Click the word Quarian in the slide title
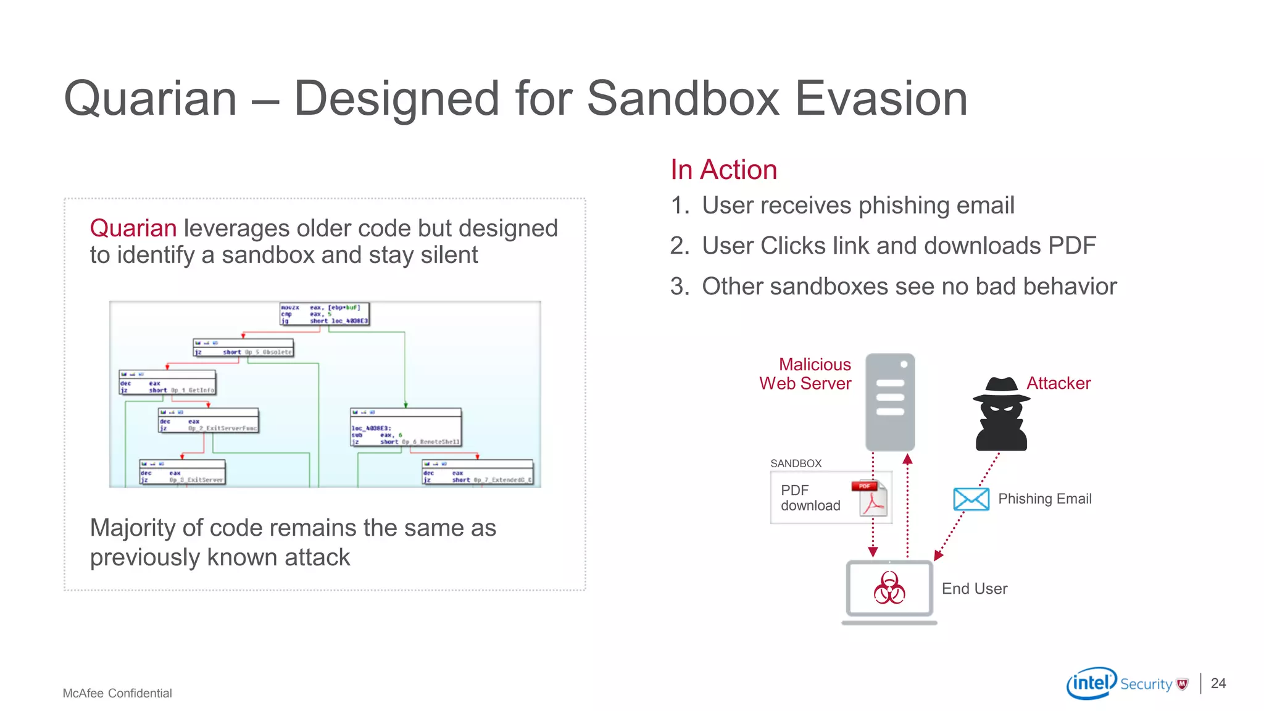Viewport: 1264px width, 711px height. tap(151, 99)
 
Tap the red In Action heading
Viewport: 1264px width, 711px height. tap(723, 170)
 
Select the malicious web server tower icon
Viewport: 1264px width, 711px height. tap(889, 402)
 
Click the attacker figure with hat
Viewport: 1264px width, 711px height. tap(1000, 414)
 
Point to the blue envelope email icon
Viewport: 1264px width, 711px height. tap(971, 499)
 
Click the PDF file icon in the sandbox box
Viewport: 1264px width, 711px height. tap(871, 498)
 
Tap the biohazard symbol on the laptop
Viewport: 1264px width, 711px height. tap(889, 588)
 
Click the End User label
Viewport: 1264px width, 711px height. tap(974, 589)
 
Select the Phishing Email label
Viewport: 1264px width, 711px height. tap(1044, 499)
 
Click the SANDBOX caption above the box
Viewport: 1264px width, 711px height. tap(796, 464)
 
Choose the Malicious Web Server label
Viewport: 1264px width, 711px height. tap(805, 374)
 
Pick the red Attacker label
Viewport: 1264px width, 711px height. tap(1058, 383)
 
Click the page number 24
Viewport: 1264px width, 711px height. tap(1218, 683)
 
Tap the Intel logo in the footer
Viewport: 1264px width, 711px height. tap(1091, 683)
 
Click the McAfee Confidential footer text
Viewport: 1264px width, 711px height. tap(117, 693)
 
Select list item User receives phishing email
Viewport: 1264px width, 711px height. tap(857, 206)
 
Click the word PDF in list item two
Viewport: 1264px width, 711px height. tap(1071, 246)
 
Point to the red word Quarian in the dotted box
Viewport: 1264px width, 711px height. tap(133, 228)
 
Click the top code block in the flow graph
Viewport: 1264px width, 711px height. tap(325, 314)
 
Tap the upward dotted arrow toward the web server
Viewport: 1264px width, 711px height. tap(907, 506)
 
